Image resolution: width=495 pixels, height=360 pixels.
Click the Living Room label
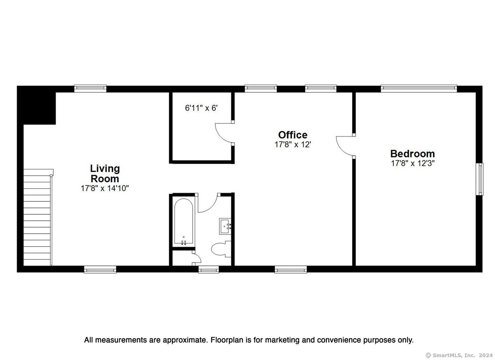pyautogui.click(x=105, y=174)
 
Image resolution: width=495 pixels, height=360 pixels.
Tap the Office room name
pyautogui.click(x=292, y=135)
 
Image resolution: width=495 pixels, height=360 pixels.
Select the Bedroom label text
pyautogui.click(x=412, y=153)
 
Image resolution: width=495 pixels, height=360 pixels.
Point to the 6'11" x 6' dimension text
pyautogui.click(x=201, y=108)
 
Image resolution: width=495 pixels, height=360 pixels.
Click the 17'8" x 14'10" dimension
pyautogui.click(x=105, y=188)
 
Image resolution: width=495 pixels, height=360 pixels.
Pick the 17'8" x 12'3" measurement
pyautogui.click(x=413, y=163)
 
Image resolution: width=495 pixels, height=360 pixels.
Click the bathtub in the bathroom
pyautogui.click(x=184, y=222)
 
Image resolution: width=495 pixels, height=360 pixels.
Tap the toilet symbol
pyautogui.click(x=221, y=249)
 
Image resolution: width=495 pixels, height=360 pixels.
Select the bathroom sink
pyautogui.click(x=225, y=226)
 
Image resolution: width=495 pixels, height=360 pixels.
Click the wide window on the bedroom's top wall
pyautogui.click(x=419, y=88)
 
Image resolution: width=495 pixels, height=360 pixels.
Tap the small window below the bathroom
pyautogui.click(x=208, y=269)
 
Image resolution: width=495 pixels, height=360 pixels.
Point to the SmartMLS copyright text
pyautogui.click(x=459, y=355)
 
